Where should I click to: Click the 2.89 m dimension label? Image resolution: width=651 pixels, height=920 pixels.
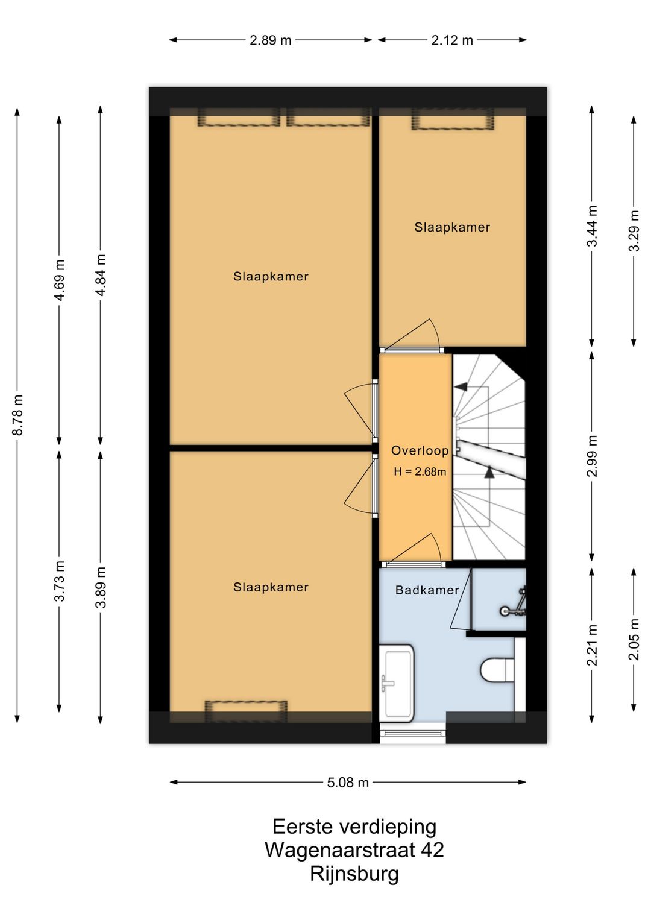click(x=270, y=40)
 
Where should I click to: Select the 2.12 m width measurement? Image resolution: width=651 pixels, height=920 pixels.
click(x=452, y=40)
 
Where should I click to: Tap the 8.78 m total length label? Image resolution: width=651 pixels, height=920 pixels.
click(x=17, y=414)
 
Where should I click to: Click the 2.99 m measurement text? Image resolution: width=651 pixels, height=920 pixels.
click(x=592, y=456)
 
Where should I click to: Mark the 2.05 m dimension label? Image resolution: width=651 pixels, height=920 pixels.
click(x=634, y=639)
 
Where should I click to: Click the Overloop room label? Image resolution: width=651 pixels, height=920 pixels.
click(x=420, y=450)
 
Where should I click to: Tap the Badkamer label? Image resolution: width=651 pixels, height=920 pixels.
click(x=427, y=590)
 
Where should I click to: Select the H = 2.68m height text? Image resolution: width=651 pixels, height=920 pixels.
click(x=420, y=472)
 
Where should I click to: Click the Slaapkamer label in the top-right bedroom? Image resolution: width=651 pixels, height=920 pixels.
click(x=452, y=227)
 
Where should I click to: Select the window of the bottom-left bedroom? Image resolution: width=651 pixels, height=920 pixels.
click(x=246, y=711)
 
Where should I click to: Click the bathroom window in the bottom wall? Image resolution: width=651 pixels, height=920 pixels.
click(x=412, y=733)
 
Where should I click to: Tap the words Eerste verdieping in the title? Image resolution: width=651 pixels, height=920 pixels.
click(x=354, y=827)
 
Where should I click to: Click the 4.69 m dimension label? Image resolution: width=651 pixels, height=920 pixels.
click(x=59, y=280)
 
